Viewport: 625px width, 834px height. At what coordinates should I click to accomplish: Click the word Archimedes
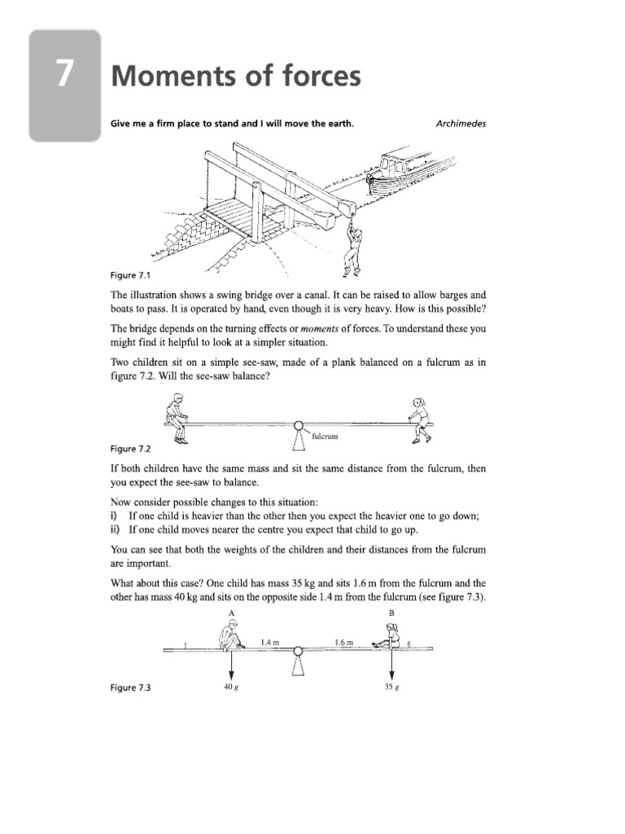pos(461,124)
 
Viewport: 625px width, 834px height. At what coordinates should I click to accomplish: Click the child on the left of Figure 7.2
pos(177,416)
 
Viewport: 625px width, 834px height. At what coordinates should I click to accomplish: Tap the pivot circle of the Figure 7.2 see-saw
pos(299,425)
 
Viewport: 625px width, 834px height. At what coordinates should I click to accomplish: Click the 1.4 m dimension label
pos(270,642)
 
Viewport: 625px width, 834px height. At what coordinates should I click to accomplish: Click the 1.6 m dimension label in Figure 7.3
pos(343,642)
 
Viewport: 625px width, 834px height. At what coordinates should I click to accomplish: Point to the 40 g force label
pos(230,687)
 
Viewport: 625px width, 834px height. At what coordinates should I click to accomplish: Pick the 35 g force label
pos(391,687)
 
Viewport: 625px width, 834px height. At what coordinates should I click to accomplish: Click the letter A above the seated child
pos(232,612)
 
